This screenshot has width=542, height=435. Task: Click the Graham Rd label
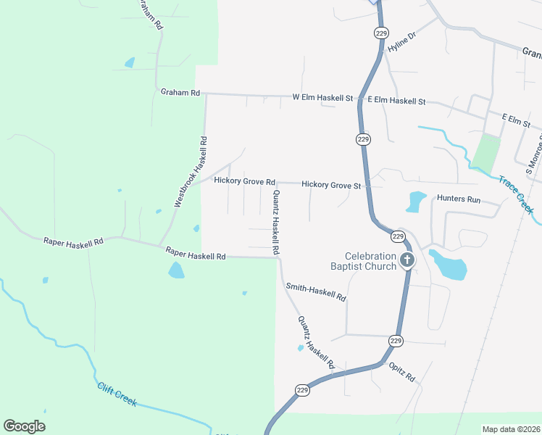(x=180, y=93)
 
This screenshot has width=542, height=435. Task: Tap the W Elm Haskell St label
(x=322, y=97)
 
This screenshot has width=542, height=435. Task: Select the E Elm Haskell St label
(x=396, y=101)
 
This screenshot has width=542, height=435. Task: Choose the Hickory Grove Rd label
(x=244, y=181)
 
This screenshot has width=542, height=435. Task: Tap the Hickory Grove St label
(x=331, y=186)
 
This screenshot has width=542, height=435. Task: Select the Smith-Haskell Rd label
(x=316, y=292)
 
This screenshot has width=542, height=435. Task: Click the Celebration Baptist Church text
(x=370, y=261)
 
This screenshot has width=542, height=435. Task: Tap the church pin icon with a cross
(x=407, y=260)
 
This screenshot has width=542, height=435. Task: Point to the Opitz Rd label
(x=401, y=373)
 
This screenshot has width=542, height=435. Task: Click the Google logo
(x=24, y=426)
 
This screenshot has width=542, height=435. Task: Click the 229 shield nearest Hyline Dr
(x=381, y=33)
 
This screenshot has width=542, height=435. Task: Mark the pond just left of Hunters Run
(x=416, y=201)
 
